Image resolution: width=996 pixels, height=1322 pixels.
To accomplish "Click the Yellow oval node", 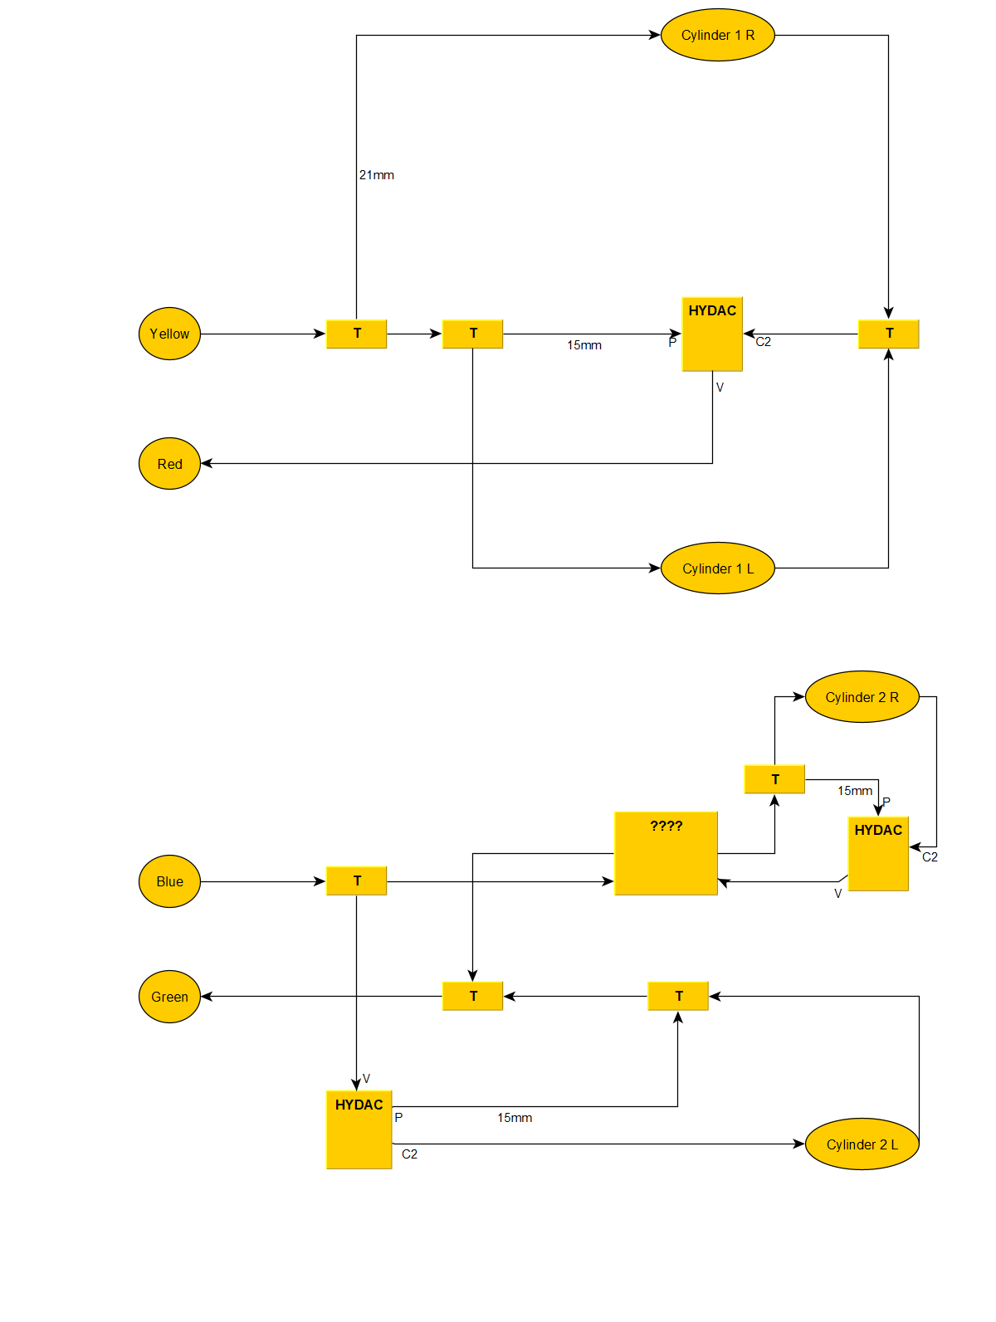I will click(x=169, y=334).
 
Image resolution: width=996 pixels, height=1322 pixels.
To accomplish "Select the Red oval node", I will click(x=169, y=464).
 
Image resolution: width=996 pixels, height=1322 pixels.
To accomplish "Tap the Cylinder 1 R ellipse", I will click(x=718, y=35).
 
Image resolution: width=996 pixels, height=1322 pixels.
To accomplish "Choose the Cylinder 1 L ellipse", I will click(x=718, y=568).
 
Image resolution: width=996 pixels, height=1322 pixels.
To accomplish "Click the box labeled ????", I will click(x=666, y=853).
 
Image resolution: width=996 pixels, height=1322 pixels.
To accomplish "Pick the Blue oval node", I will click(x=169, y=881).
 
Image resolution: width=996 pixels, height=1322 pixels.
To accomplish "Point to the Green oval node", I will click(x=169, y=997).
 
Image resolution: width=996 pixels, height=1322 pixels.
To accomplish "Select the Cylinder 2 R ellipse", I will click(x=862, y=697).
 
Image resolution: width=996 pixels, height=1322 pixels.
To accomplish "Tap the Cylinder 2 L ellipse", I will click(x=862, y=1144).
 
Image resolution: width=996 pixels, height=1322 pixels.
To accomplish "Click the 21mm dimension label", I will click(x=377, y=175).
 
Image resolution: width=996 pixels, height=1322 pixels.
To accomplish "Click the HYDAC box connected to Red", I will click(x=712, y=334).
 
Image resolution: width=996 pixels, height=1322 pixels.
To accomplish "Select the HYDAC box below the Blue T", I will click(x=359, y=1129).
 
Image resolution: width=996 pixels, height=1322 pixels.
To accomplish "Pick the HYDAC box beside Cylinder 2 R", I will click(x=878, y=854).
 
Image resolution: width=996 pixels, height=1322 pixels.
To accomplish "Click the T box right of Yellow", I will click(x=357, y=334).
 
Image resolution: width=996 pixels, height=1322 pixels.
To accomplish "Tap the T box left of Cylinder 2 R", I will click(x=774, y=779).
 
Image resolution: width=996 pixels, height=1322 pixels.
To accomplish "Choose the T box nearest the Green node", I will click(x=473, y=996).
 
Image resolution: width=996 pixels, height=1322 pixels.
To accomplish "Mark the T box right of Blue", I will click(x=357, y=881).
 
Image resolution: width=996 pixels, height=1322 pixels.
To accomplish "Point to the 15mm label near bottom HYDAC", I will click(x=515, y=1118).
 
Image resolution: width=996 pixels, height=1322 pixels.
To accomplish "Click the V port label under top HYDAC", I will click(x=720, y=388).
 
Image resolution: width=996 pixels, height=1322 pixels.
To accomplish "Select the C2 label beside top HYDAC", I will click(x=764, y=342).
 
